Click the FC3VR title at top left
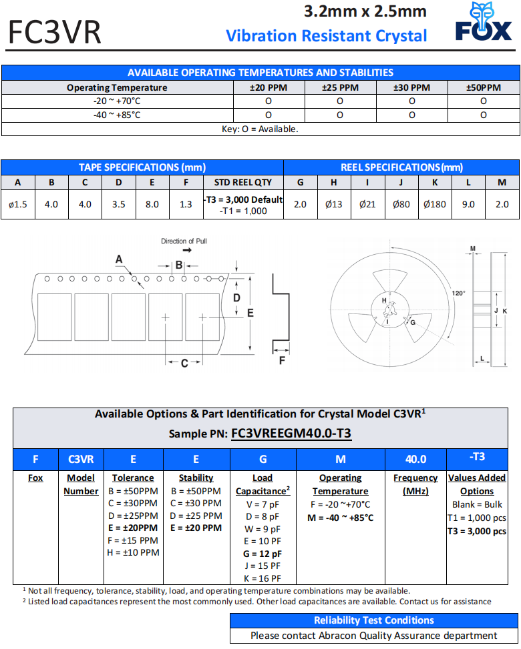click(55, 32)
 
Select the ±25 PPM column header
click(340, 87)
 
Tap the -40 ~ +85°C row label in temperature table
click(117, 115)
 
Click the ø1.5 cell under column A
click(18, 204)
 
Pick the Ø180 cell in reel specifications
click(435, 204)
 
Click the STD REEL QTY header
click(243, 183)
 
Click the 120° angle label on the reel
click(458, 293)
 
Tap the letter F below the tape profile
click(282, 361)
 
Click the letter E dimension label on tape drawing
click(250, 312)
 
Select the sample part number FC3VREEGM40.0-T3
click(291, 434)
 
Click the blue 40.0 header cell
click(415, 459)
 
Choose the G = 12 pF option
click(263, 554)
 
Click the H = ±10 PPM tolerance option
click(133, 552)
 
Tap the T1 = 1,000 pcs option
click(477, 518)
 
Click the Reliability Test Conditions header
click(374, 620)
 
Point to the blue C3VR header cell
click(81, 459)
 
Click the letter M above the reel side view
click(472, 249)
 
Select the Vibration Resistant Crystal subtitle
click(327, 35)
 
